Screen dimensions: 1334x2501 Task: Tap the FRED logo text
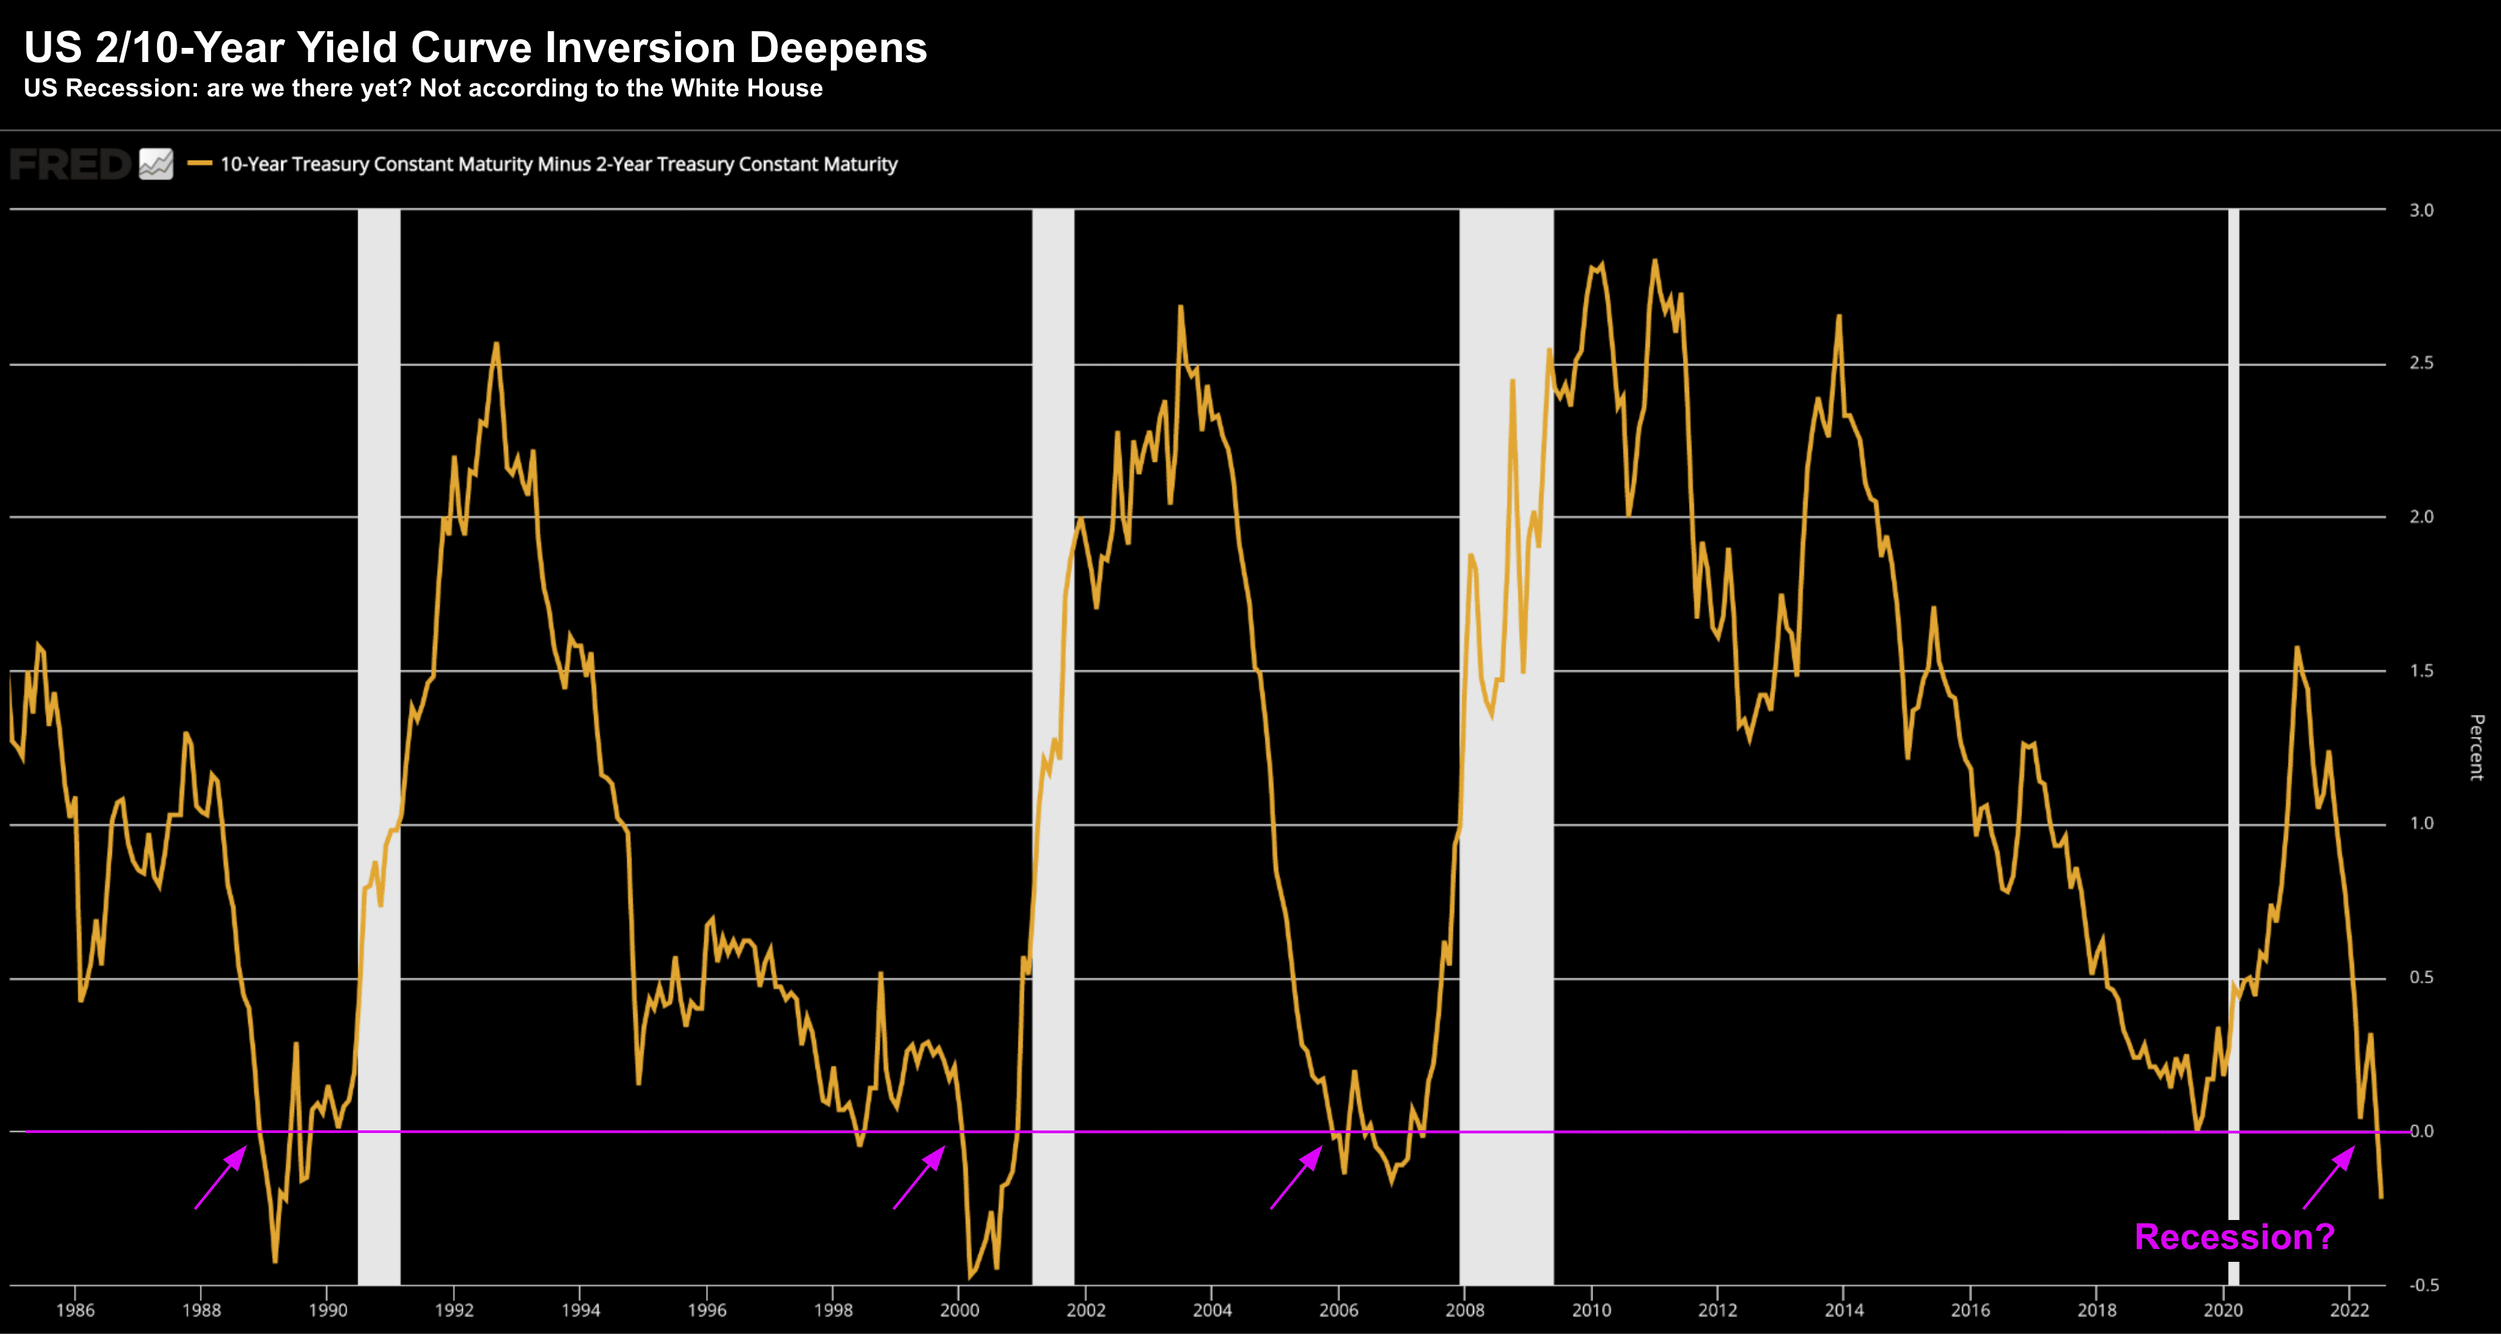pyautogui.click(x=70, y=164)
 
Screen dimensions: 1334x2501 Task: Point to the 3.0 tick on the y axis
pyautogui.click(x=2421, y=210)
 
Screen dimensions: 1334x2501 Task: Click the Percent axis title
pyautogui.click(x=2477, y=747)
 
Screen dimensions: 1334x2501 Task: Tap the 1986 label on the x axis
pyautogui.click(x=75, y=1310)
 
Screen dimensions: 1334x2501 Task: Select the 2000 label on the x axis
pyautogui.click(x=959, y=1310)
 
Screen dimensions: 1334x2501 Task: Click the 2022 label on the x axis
pyautogui.click(x=2349, y=1310)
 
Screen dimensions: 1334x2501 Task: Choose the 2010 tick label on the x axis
pyautogui.click(x=1591, y=1310)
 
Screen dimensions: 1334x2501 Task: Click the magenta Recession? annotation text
pyautogui.click(x=2234, y=1237)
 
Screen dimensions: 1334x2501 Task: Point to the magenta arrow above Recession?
pyautogui.click(x=2329, y=1177)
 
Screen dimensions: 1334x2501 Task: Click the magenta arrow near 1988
pyautogui.click(x=221, y=1178)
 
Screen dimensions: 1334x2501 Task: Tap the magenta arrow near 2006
pyautogui.click(x=1296, y=1178)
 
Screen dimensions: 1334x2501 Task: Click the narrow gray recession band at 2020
pyautogui.click(x=2233, y=680)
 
